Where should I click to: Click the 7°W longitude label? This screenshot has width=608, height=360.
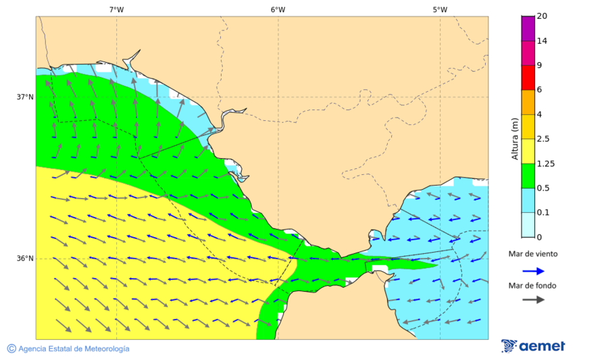click(116, 9)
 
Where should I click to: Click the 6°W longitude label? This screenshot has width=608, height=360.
click(278, 9)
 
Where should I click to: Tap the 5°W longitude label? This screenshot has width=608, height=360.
click(440, 9)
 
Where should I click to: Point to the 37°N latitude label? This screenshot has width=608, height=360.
click(25, 97)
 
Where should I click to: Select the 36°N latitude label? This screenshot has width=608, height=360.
click(25, 259)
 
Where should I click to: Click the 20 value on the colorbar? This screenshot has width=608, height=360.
click(542, 16)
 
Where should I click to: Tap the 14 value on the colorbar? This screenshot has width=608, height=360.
click(542, 41)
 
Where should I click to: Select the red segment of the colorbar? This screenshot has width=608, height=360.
click(528, 78)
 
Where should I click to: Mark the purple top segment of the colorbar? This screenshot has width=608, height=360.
click(528, 28)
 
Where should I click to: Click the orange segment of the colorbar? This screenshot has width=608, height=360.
click(528, 102)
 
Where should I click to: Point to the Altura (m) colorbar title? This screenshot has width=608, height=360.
click(515, 138)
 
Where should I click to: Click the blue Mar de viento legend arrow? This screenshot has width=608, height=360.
click(534, 271)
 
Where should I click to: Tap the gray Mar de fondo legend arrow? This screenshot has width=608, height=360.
click(534, 300)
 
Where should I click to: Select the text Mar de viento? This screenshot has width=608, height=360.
click(533, 254)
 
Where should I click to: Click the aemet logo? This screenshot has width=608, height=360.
click(534, 346)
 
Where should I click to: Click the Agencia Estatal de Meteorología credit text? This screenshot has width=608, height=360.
click(74, 349)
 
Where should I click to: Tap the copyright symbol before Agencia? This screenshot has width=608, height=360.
click(11, 349)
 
